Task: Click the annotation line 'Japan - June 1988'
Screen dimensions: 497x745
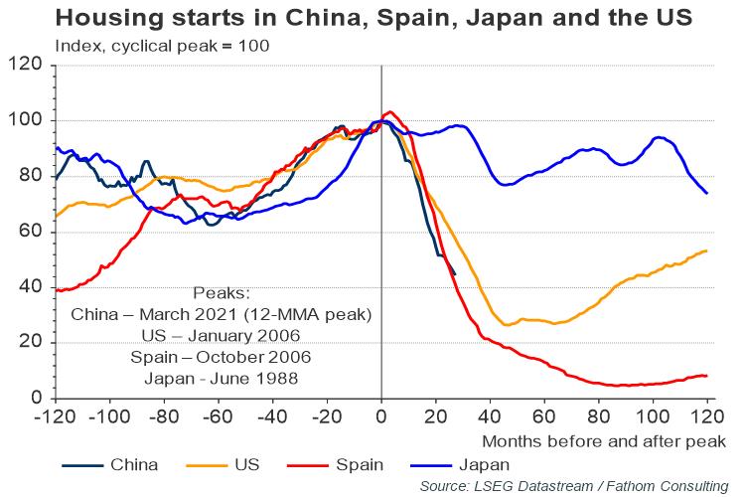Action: [x=222, y=378]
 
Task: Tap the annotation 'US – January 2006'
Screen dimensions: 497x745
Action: [x=222, y=336]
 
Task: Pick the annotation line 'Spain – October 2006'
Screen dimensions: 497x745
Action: [x=222, y=357]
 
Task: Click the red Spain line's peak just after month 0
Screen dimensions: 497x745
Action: [x=390, y=112]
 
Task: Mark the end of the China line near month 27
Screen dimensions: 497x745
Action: [x=455, y=274]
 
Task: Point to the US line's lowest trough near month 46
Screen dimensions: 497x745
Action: [x=507, y=325]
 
